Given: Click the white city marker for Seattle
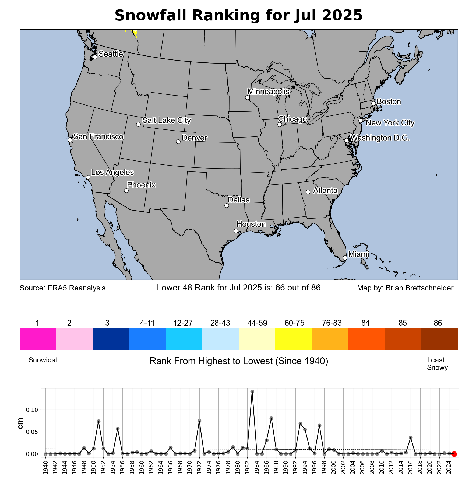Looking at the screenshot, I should point(95,57).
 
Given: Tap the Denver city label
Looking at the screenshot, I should point(194,138).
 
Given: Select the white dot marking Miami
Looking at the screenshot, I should point(345,258).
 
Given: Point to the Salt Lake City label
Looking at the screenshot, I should point(167,120).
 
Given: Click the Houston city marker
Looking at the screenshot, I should point(236,231).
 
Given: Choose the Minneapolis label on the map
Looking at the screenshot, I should point(268,92).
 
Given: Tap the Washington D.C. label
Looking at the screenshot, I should point(380,138).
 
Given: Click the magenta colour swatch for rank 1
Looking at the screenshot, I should point(38,339).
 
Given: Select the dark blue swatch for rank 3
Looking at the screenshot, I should point(111,339).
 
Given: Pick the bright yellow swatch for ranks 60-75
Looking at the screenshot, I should point(293,339).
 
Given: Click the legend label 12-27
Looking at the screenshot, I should point(183,323).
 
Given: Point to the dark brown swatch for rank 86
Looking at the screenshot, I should point(439,339).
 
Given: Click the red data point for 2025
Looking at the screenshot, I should point(454,454).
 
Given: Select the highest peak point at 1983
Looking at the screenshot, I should point(252,391).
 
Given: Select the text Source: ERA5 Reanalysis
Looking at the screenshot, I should point(62,288).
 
